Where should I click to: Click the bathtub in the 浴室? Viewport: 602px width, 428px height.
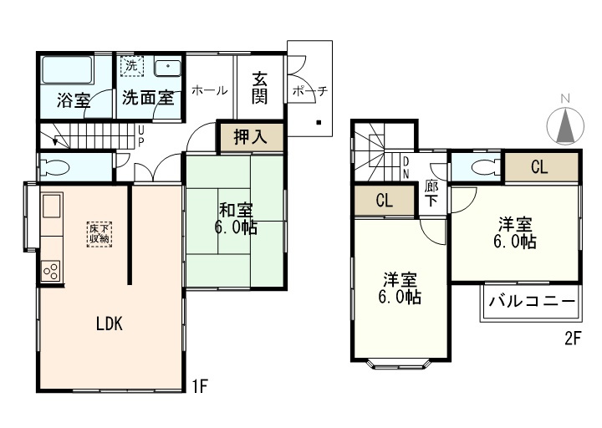(x=67, y=70)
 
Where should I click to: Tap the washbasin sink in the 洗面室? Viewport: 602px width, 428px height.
(x=167, y=68)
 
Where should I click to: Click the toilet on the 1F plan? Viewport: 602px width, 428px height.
(x=55, y=167)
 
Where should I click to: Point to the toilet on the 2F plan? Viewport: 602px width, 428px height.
(x=486, y=167)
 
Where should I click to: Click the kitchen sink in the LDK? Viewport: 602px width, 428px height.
(x=52, y=206)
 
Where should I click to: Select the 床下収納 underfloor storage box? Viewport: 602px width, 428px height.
(x=99, y=234)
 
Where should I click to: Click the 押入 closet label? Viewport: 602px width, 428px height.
(x=250, y=136)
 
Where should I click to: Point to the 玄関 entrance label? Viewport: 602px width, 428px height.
(x=260, y=88)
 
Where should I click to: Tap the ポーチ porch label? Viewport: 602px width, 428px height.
(x=310, y=91)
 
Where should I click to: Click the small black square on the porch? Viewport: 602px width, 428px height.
(x=319, y=123)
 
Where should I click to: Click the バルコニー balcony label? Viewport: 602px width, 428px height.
(x=532, y=301)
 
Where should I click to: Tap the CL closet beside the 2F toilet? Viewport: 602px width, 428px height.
(x=541, y=167)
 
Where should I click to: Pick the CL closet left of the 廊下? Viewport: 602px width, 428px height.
(x=385, y=201)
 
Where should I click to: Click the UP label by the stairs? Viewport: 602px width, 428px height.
(x=141, y=136)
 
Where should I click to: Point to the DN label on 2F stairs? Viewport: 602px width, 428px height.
(x=406, y=168)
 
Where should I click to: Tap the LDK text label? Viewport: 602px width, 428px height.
(x=110, y=324)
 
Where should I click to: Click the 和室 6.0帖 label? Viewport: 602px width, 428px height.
(x=236, y=219)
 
